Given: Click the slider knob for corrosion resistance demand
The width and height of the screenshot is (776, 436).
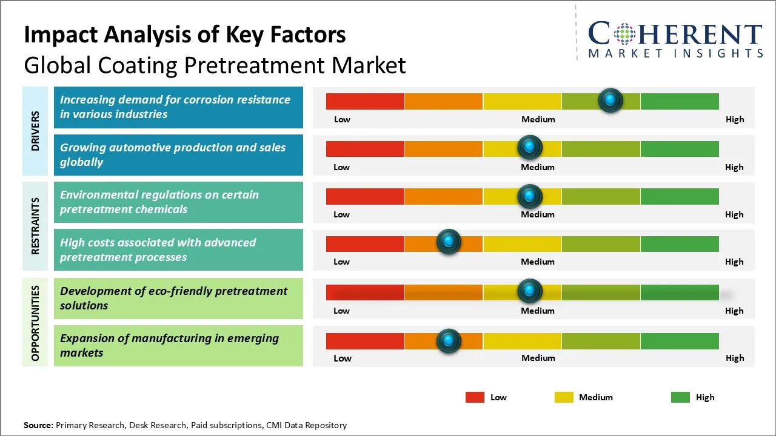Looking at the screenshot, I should [610, 100].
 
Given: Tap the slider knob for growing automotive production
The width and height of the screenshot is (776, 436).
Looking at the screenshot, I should [530, 147].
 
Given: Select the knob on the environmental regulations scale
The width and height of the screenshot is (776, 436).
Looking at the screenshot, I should [530, 196].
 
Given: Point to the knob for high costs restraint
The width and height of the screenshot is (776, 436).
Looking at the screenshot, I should [449, 242].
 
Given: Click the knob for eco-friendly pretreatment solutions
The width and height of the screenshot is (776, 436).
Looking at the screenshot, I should [530, 291].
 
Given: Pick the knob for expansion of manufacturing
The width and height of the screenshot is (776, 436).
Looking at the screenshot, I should [449, 340].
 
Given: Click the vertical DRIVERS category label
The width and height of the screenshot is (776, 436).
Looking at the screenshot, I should [35, 131].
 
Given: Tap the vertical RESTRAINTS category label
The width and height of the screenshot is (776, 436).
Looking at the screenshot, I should [35, 225].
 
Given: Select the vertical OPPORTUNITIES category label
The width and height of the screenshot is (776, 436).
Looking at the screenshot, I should [35, 323].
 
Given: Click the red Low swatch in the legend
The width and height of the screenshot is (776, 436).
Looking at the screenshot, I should [475, 397].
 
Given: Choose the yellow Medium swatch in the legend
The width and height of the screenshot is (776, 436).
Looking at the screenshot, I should [564, 397].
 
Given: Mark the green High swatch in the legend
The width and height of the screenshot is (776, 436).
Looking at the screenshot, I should [680, 397].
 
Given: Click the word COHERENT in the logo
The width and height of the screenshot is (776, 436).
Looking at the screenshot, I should [675, 34].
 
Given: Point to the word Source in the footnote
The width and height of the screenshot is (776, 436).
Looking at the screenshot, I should [38, 425].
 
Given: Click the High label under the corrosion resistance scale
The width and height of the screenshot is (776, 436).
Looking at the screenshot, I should [734, 119].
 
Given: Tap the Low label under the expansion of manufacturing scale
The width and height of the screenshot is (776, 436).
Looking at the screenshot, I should [343, 358].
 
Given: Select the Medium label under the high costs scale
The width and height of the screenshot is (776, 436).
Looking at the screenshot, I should [538, 262].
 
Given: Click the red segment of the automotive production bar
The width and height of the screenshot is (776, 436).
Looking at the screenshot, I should [365, 148].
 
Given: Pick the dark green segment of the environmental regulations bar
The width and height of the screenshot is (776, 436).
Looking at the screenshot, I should [679, 196].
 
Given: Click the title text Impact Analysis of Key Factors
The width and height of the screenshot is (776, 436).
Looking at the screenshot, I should [185, 35].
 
